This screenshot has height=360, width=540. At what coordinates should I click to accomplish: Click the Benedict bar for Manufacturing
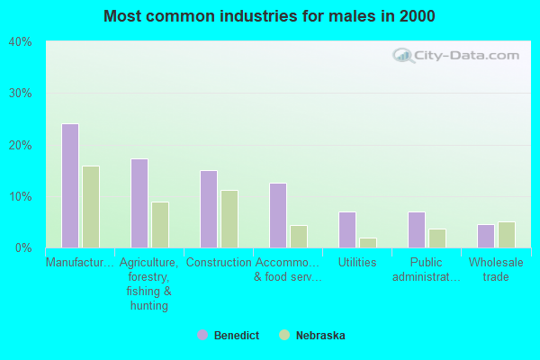point(70,185)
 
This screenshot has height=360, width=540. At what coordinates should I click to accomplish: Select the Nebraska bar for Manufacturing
point(91,206)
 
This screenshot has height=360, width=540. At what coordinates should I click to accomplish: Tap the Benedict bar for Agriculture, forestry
point(139,203)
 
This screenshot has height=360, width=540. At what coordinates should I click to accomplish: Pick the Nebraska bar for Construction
point(229,219)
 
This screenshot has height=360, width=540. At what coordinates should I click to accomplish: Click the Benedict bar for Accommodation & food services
point(278,215)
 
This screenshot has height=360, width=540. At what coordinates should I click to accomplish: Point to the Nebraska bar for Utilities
point(368,242)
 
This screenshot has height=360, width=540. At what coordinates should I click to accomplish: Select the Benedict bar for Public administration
point(417,229)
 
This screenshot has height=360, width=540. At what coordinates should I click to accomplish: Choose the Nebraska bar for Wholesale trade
point(507,235)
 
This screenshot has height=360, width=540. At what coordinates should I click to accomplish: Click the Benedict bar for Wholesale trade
point(486,236)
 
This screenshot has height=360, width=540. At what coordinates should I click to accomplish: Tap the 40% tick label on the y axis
point(21,41)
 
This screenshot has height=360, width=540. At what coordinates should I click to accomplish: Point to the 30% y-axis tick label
point(21,94)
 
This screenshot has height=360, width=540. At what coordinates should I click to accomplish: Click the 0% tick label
point(23,247)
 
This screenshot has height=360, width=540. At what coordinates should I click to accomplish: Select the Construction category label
point(219,263)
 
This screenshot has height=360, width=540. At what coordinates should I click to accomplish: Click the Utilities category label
point(357,263)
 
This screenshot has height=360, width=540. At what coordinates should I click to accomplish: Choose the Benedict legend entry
point(229,336)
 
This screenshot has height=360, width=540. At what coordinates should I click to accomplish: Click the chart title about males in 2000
point(269,16)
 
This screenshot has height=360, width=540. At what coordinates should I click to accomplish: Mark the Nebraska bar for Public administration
point(437,238)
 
